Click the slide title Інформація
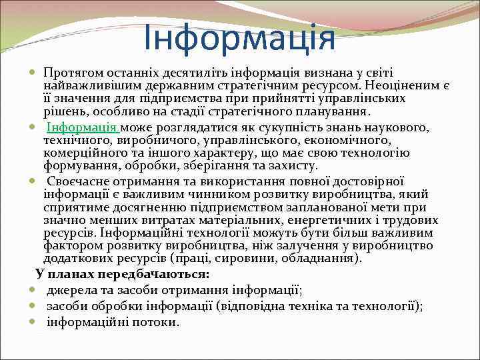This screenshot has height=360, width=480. (x=239, y=37)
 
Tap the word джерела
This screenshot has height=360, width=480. (x=70, y=290)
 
